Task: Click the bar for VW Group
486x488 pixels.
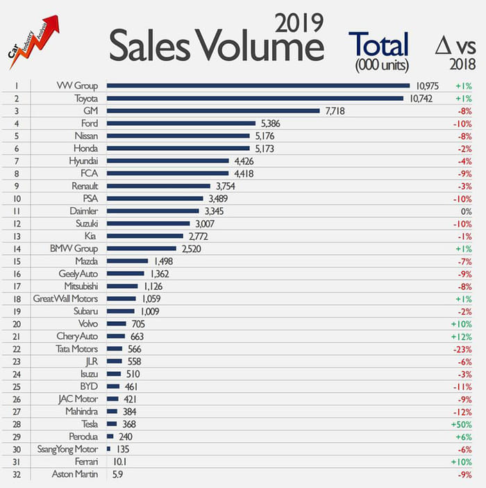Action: click(x=258, y=86)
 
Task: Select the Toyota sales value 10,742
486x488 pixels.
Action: click(x=419, y=98)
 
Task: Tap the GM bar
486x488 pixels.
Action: click(x=213, y=111)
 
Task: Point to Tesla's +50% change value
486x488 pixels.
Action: click(x=463, y=423)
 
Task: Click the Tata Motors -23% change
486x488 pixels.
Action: click(x=463, y=348)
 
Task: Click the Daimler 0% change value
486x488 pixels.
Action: click(x=465, y=211)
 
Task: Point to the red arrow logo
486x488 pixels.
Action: click(x=35, y=42)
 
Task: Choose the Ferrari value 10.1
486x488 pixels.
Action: click(x=121, y=461)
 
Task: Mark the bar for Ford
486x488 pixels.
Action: click(x=181, y=123)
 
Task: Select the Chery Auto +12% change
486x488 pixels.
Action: click(x=463, y=336)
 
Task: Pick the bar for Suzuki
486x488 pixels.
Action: click(x=148, y=223)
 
